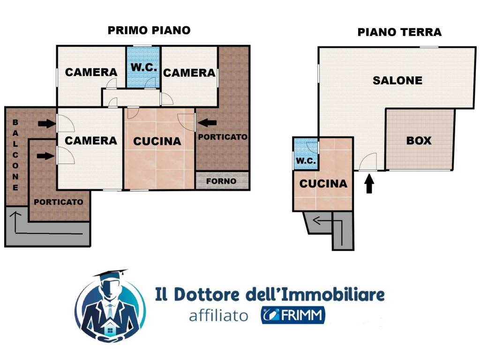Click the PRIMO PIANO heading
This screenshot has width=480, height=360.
pyautogui.click(x=149, y=30)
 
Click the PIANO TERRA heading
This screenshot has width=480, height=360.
pyautogui.click(x=399, y=32)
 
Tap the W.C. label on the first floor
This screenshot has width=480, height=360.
pyautogui.click(x=143, y=67)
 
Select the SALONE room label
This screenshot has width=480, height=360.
pyautogui.click(x=397, y=80)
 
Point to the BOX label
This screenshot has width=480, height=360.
pyautogui.click(x=419, y=140)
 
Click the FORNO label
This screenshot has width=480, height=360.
pyautogui.click(x=221, y=181)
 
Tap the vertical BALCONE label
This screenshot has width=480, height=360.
pyautogui.click(x=15, y=154)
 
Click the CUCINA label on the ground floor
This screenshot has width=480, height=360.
pyautogui.click(x=323, y=184)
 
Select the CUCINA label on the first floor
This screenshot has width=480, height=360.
pyautogui.click(x=157, y=141)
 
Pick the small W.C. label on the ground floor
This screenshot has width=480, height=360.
pyautogui.click(x=306, y=161)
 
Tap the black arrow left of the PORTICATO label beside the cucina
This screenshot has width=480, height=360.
pyautogui.click(x=207, y=122)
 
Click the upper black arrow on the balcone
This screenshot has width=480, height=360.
pyautogui.click(x=46, y=124)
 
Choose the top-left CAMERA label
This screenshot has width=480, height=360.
pyautogui.click(x=91, y=72)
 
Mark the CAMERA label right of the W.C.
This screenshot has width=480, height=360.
pyautogui.click(x=189, y=73)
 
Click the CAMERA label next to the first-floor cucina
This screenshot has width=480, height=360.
pyautogui.click(x=90, y=140)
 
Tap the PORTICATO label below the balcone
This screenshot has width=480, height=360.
pyautogui.click(x=59, y=202)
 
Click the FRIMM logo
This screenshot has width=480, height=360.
pyautogui.click(x=293, y=315)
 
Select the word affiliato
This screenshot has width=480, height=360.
pyautogui.click(x=218, y=316)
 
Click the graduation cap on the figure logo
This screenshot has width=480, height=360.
pyautogui.click(x=111, y=274)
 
